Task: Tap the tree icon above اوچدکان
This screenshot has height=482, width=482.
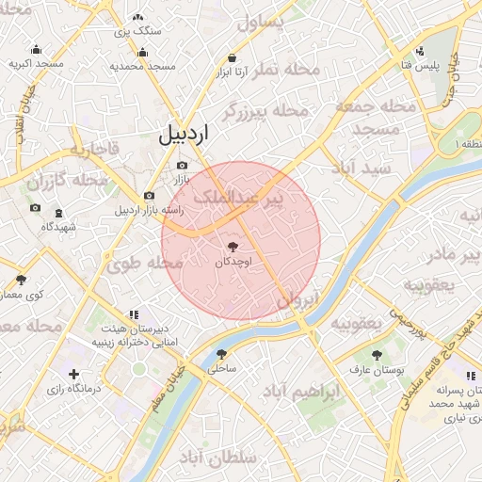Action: pos(232,245)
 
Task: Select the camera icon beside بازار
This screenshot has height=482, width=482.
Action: pos(182,166)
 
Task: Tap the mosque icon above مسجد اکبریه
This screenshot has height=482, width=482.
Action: pos(37,50)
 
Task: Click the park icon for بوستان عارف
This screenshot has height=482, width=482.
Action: pos(377,356)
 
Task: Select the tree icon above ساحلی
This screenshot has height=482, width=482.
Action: pos(222,355)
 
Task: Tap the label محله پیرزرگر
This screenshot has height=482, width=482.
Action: pos(267,111)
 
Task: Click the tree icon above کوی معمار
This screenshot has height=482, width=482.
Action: pos(21,280)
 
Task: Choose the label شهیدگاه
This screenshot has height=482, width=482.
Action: pos(58,227)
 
